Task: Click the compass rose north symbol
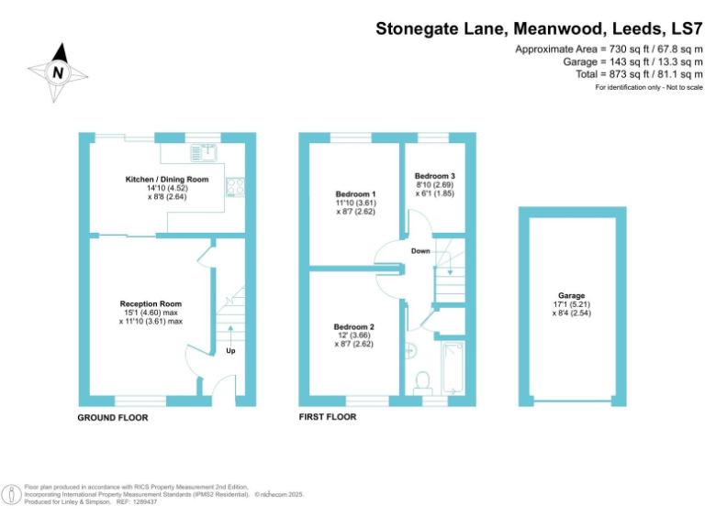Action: click(x=59, y=71)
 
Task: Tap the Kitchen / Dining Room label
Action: click(x=167, y=180)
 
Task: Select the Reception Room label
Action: click(x=151, y=303)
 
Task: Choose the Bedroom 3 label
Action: click(x=433, y=176)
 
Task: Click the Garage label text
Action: click(x=571, y=295)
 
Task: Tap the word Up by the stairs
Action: click(x=231, y=350)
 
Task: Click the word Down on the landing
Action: click(x=420, y=250)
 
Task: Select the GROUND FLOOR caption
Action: click(x=113, y=418)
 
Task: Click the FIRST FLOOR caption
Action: click(x=328, y=417)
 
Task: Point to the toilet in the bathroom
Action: click(x=424, y=380)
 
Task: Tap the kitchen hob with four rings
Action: click(x=235, y=187)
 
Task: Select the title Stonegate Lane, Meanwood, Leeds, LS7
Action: click(x=539, y=28)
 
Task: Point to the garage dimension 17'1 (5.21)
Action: click(x=571, y=304)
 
